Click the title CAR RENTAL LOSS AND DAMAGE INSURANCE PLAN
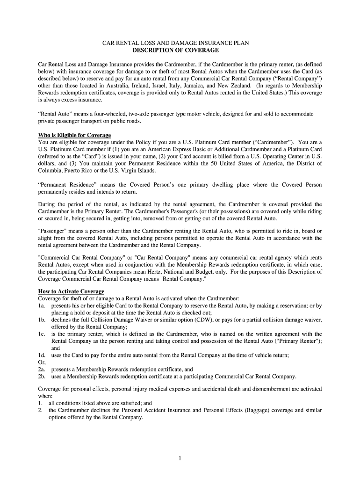coord(176,43)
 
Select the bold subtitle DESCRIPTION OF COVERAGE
coord(176,50)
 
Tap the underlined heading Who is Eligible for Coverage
coord(74,135)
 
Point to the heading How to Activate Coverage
coord(71,291)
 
